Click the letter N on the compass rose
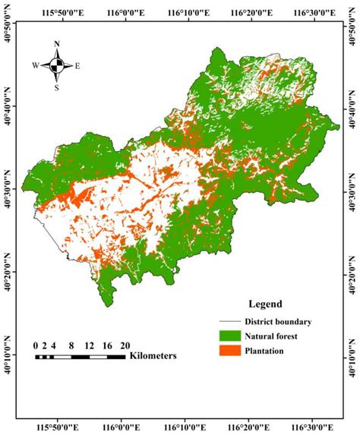57,45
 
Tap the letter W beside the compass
36,66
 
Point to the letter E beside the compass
77,66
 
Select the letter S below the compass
57,87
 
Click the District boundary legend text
277,321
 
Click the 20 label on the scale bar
125,345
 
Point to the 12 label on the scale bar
90,345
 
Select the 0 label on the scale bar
36,345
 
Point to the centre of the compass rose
57,65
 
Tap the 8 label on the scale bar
71,345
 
